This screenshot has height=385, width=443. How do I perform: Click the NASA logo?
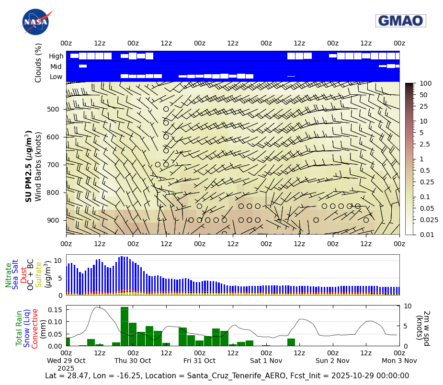click(x=35, y=22)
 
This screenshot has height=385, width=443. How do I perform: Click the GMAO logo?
click(x=400, y=21)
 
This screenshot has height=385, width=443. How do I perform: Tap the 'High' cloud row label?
click(x=56, y=56)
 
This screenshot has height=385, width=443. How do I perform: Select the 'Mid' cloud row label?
click(x=57, y=67)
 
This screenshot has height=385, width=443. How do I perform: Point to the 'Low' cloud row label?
click(x=56, y=77)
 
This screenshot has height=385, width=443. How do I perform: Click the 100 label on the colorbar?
click(x=425, y=83)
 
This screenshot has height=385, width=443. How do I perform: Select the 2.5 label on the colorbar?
click(x=425, y=144)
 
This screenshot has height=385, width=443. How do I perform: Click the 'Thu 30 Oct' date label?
click(x=133, y=361)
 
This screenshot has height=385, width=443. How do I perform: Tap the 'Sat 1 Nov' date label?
click(x=266, y=361)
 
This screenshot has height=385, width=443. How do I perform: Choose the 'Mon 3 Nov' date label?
click(x=399, y=361)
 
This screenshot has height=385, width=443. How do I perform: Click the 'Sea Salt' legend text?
click(x=15, y=274)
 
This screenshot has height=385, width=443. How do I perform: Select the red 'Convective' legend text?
click(x=35, y=328)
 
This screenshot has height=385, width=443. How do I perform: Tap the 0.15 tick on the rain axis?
click(x=56, y=310)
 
